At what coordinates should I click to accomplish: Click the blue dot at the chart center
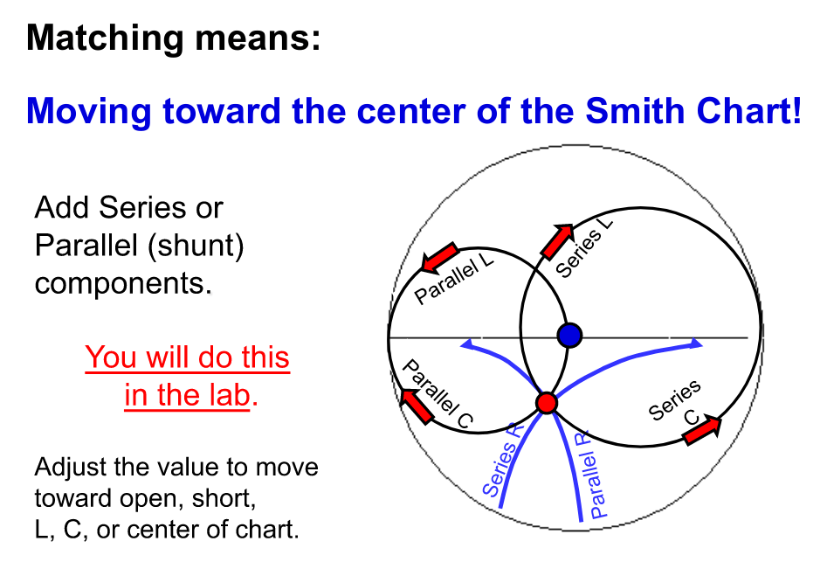pyautogui.click(x=569, y=335)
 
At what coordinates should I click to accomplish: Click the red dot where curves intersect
pyautogui.click(x=547, y=403)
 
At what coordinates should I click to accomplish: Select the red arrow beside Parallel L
pyautogui.click(x=439, y=257)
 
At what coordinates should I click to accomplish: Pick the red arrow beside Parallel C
pyautogui.click(x=416, y=404)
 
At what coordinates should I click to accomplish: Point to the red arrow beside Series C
pyautogui.click(x=704, y=430)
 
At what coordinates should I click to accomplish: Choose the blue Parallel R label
pyautogui.click(x=598, y=473)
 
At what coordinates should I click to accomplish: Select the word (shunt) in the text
pyautogui.click(x=197, y=246)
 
